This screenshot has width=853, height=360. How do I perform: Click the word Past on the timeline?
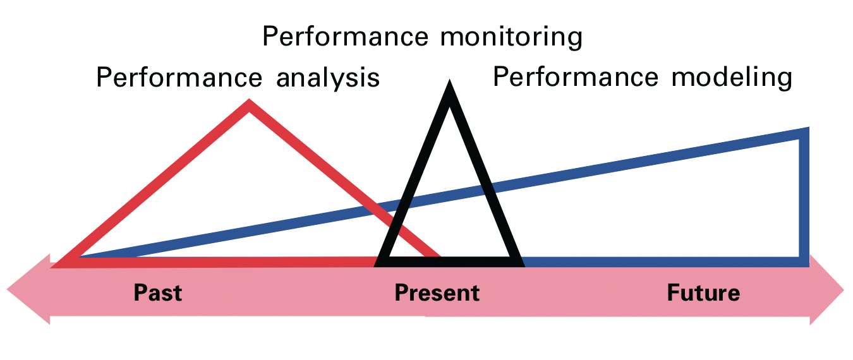tap(157, 293)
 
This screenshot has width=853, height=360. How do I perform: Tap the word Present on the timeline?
tap(437, 293)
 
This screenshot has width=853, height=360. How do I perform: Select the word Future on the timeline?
tap(703, 293)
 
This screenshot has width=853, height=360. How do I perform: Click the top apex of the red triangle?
tap(249, 104)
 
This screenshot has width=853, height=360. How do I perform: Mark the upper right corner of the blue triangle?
tap(804, 133)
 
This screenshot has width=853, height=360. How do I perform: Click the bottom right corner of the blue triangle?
tap(804, 261)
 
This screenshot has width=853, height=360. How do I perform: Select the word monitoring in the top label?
tap(511, 37)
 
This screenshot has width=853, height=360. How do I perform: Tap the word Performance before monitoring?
tap(344, 37)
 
